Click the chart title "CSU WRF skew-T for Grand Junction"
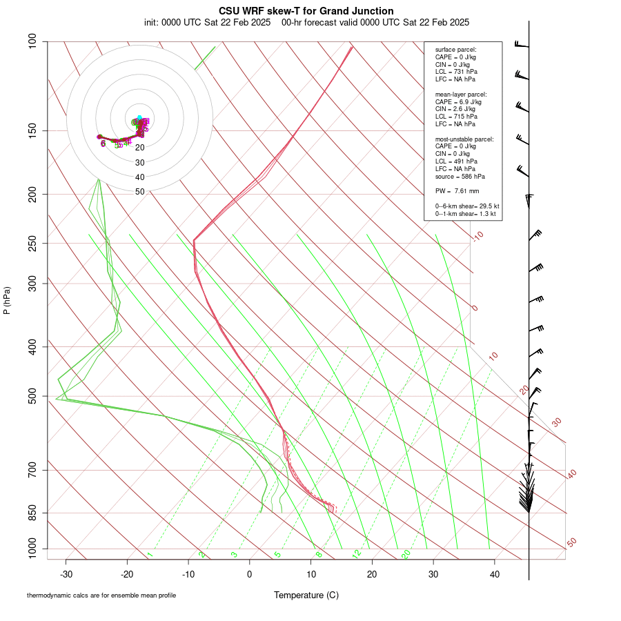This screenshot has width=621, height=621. coord(306,11)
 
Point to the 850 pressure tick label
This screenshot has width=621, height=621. coord(33,513)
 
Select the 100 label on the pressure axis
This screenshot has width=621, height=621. coord(33,41)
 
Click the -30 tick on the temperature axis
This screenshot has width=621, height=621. coord(66,574)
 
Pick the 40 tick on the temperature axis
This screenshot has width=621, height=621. coord(495,574)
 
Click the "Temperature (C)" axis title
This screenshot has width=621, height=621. coord(306,595)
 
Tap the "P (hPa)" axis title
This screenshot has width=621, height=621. coord(7,300)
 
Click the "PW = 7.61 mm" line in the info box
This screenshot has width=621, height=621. coord(457,191)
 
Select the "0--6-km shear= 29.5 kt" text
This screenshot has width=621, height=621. coord(467,206)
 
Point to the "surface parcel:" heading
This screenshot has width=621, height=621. coord(455,50)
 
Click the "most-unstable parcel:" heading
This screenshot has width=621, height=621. coord(464,139)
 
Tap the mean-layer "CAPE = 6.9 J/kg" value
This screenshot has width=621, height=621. coord(458,101)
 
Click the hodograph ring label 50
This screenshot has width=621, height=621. coord(140,192)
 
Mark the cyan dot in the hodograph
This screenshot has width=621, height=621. coord(139,117)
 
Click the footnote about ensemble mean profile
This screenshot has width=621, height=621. coord(101,595)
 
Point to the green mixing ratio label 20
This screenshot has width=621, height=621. coord(406,554)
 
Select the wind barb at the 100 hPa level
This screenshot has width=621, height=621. coord(522,45)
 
